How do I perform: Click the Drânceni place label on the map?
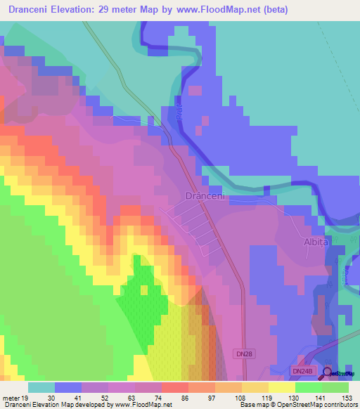pyautogui.click(x=205, y=196)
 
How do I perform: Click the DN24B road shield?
pyautogui.click(x=302, y=370)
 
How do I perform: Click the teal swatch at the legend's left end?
pyautogui.click(x=41, y=387)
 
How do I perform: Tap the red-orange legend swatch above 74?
pyautogui.click(x=174, y=387)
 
